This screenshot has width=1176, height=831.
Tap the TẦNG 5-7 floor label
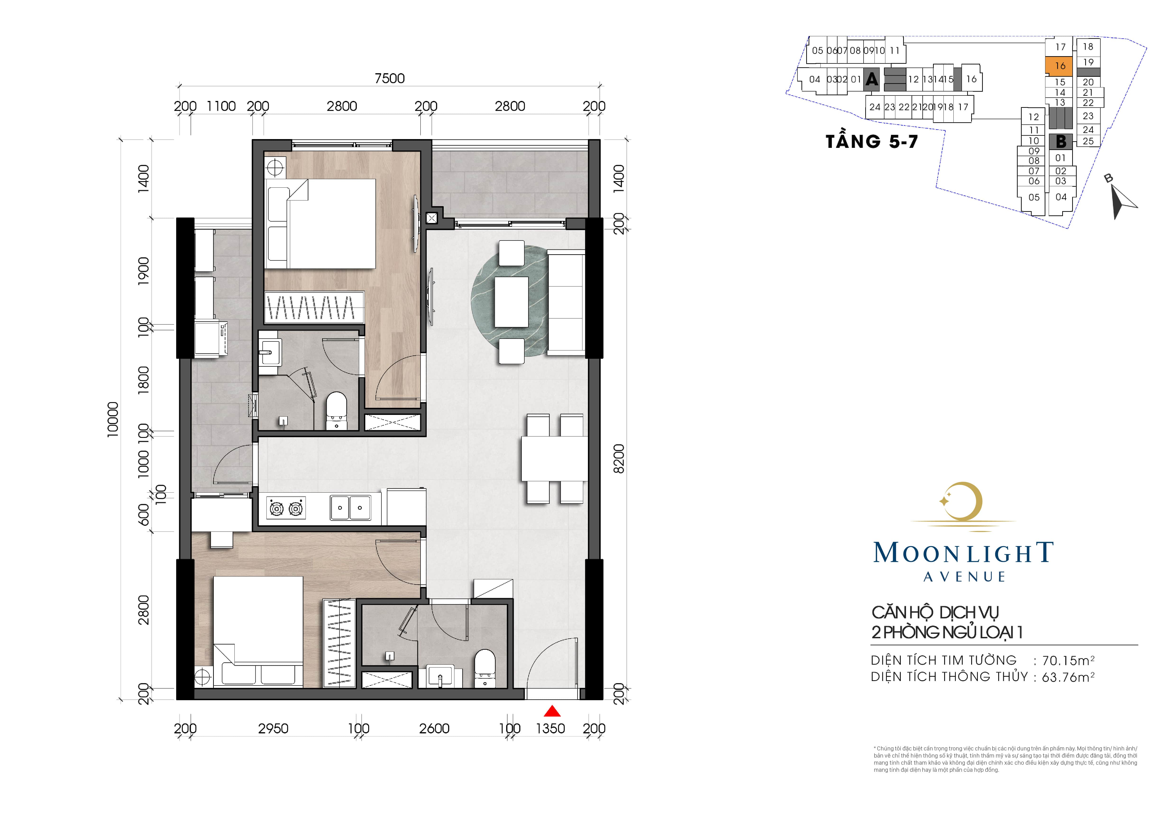pyautogui.click(x=872, y=141)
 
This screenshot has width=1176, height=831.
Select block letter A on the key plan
pyautogui.click(x=871, y=79)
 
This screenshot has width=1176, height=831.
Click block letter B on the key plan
pyautogui.click(x=1061, y=141)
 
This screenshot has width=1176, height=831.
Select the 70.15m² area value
pyautogui.click(x=1068, y=660)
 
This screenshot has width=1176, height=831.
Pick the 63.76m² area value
pyautogui.click(x=1068, y=677)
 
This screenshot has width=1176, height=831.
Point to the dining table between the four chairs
pyautogui.click(x=554, y=458)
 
